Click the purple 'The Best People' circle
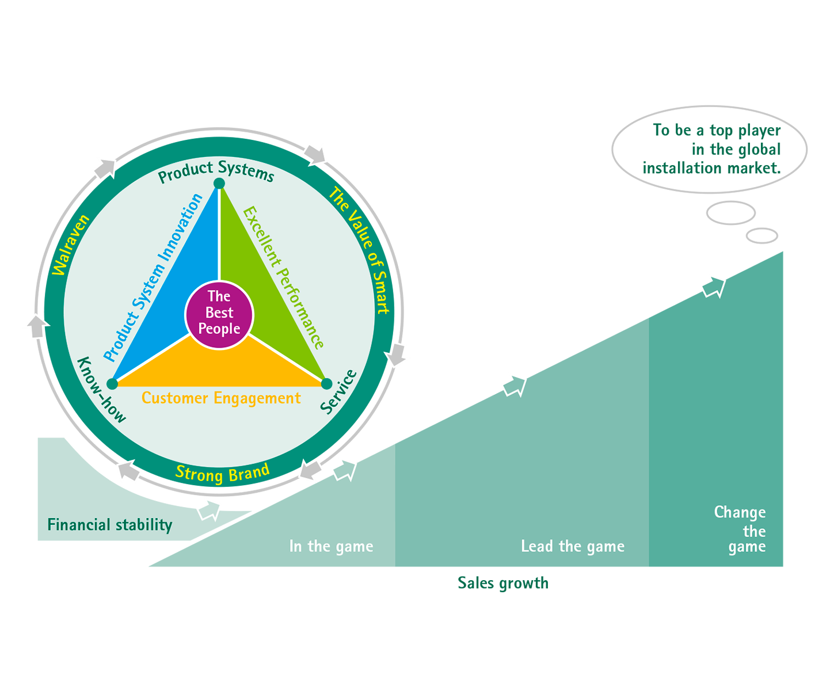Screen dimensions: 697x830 [219, 314]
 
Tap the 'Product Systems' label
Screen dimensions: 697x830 [216, 172]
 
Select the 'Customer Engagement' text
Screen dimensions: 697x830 [221, 398]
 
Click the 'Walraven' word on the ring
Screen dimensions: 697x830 [71, 245]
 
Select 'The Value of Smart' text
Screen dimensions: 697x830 [359, 250]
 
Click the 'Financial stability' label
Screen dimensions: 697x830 [109, 525]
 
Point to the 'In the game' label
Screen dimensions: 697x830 [331, 546]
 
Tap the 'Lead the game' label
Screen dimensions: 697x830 [573, 546]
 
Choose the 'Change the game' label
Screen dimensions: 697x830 [740, 530]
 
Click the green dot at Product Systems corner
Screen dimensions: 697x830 [219, 184]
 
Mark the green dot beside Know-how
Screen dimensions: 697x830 [113, 384]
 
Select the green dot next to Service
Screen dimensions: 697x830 [326, 383]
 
